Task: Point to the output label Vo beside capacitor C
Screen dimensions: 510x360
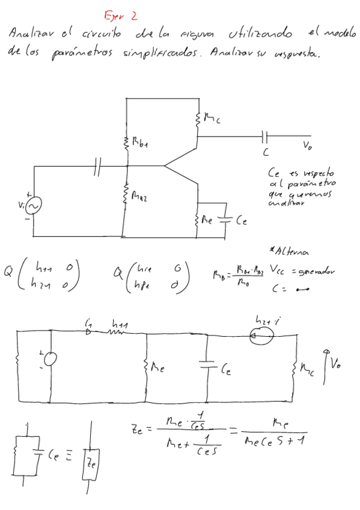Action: coord(308,146)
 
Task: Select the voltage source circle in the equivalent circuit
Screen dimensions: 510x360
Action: coord(52,359)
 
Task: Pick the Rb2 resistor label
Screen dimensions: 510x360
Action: coord(139,197)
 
